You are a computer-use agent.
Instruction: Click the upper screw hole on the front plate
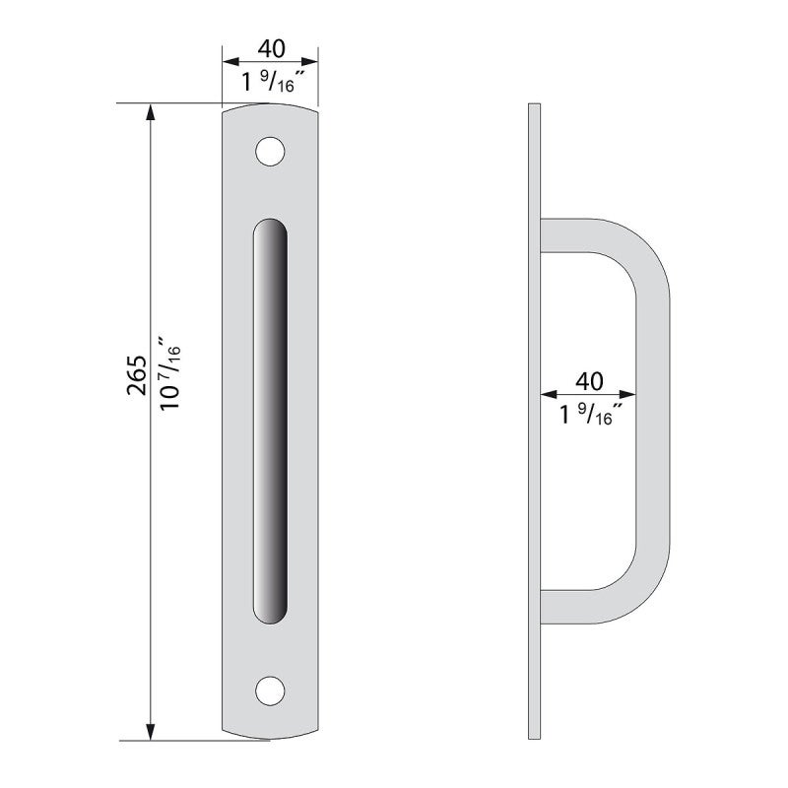click(x=270, y=152)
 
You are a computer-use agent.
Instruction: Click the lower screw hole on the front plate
click(x=270, y=690)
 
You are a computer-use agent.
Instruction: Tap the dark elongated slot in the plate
click(x=270, y=422)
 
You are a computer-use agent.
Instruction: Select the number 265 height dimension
click(x=137, y=375)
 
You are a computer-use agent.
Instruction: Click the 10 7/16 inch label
click(x=169, y=373)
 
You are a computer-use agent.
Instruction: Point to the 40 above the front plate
click(x=272, y=48)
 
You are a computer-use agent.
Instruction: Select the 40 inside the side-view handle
click(x=589, y=381)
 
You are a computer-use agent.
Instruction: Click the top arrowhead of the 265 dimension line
click(x=150, y=112)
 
